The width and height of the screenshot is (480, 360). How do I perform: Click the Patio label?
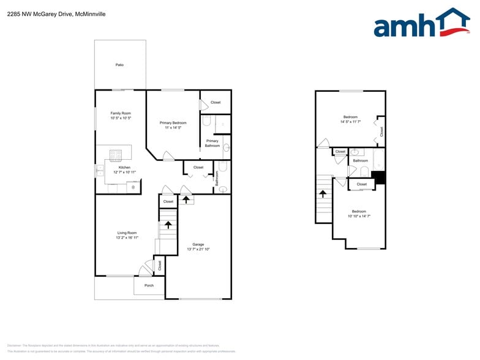[x=119, y=64]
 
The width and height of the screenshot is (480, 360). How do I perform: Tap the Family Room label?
[x=121, y=113]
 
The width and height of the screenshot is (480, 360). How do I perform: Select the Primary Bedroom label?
[x=173, y=122]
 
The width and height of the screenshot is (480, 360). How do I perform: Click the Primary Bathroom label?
[x=212, y=143]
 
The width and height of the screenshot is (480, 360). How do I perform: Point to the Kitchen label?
[x=124, y=167]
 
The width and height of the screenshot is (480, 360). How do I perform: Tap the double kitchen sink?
[x=99, y=170]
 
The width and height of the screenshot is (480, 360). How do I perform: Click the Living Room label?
[x=127, y=233]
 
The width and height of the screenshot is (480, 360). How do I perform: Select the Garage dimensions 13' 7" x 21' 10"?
[x=198, y=249]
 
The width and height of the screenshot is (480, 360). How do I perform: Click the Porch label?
[x=149, y=285]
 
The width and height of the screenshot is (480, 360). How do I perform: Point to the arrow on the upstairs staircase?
[x=323, y=194]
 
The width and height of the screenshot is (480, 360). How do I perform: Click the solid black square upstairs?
[x=379, y=178]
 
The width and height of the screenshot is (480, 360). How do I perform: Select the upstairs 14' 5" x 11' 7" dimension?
[x=350, y=122]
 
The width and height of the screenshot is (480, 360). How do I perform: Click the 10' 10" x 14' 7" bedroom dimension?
[x=359, y=216]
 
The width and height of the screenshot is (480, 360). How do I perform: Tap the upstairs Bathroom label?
[x=360, y=160]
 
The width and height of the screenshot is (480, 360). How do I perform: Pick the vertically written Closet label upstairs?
[x=381, y=131]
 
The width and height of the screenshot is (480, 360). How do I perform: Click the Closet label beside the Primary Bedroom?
[x=216, y=102]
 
